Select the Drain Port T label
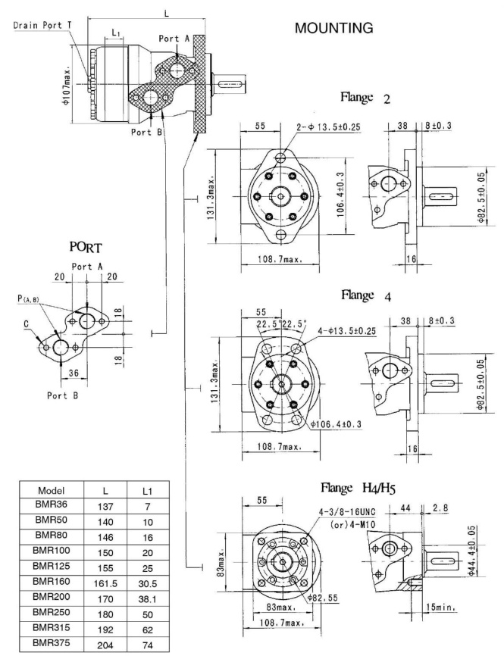[x=42, y=24]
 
